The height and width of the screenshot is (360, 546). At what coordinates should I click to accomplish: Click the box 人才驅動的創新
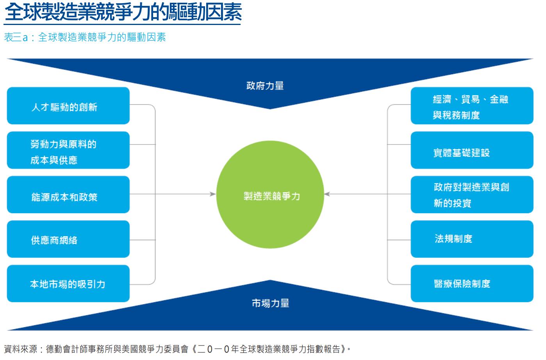68,106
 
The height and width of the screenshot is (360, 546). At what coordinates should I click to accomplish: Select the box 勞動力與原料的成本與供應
68,150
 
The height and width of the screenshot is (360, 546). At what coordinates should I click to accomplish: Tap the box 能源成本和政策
68,194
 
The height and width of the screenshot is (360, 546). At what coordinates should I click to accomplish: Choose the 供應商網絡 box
68,239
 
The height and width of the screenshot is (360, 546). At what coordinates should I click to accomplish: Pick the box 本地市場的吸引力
68,283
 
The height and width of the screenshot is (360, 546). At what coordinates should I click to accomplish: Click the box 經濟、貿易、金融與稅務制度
472,106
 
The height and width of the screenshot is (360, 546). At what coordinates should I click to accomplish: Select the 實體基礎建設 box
472,150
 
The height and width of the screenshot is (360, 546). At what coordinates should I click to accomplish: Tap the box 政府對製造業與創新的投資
472,194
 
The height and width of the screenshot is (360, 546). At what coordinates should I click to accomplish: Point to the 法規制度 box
472,239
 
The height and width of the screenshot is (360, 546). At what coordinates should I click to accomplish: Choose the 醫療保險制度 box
472,283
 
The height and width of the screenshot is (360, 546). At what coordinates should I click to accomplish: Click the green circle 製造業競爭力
270,194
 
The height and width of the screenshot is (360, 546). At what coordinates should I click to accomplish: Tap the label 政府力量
265,86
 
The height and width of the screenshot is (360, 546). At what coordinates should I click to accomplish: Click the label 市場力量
270,303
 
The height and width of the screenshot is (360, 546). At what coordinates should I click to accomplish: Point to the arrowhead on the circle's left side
213,194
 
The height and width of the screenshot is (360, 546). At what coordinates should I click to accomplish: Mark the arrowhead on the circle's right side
327,194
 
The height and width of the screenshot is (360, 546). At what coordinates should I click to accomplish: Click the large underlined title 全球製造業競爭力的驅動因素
123,12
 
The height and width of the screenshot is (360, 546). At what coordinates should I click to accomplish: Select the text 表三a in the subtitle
16,37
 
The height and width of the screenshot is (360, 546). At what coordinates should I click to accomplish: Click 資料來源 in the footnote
20,349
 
